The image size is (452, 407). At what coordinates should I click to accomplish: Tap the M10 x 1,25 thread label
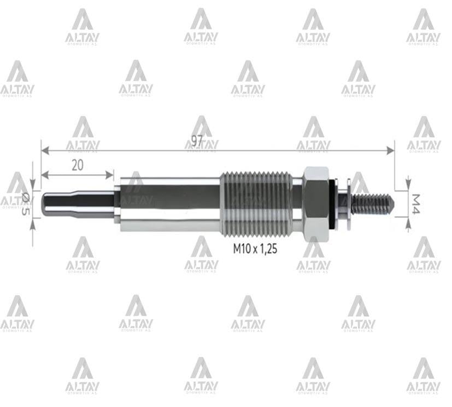point(255,249)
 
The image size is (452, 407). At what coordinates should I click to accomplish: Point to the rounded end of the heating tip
point(46,204)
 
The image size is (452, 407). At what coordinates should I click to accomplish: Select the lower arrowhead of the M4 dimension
point(408,222)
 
